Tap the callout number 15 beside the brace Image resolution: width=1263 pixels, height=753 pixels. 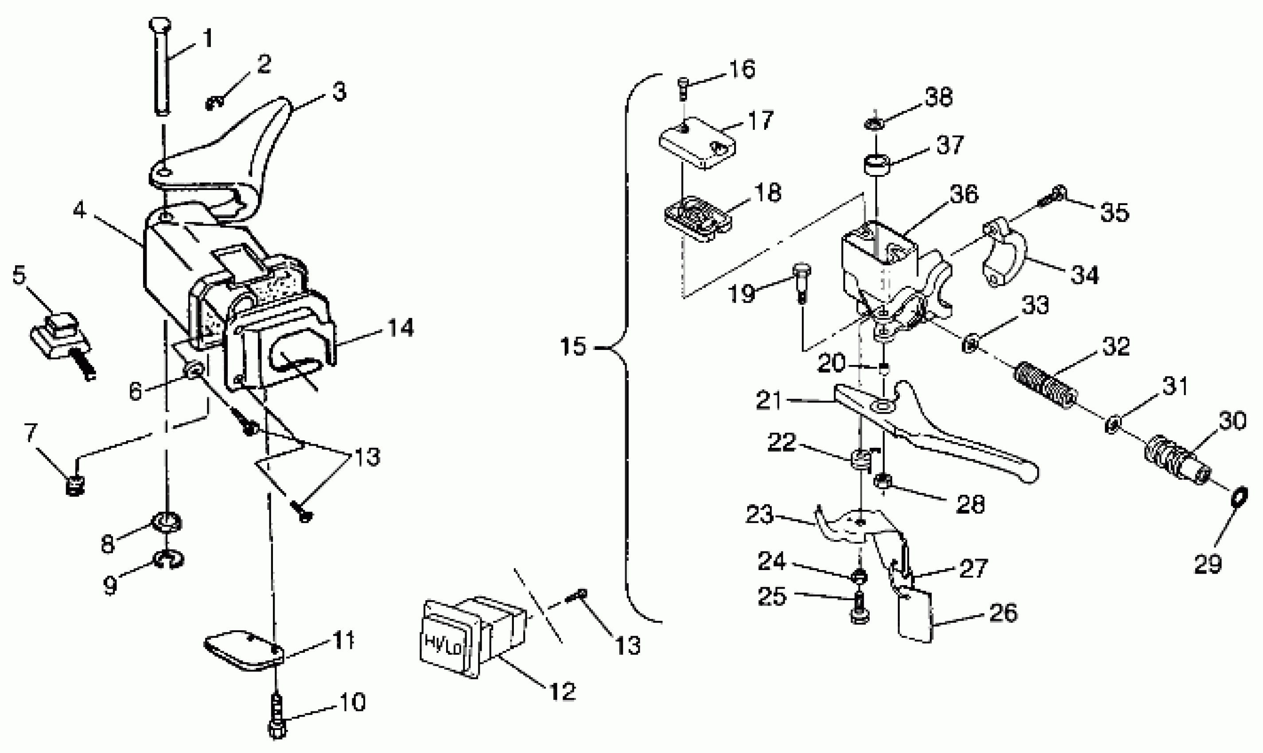click(x=573, y=347)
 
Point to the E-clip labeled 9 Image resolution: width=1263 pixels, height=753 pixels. click(x=169, y=560)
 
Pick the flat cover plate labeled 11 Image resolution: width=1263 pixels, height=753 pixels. click(x=243, y=651)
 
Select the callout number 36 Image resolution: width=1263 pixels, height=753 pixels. click(x=964, y=194)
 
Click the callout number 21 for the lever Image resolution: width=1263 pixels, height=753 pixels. click(x=769, y=400)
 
